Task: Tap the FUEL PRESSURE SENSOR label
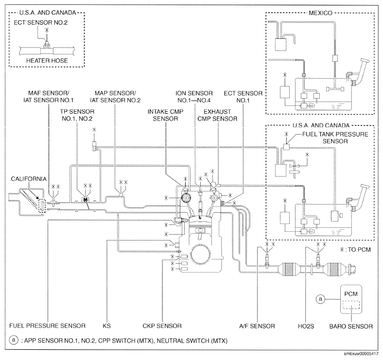[x=47, y=325]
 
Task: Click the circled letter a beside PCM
[x=320, y=299]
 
